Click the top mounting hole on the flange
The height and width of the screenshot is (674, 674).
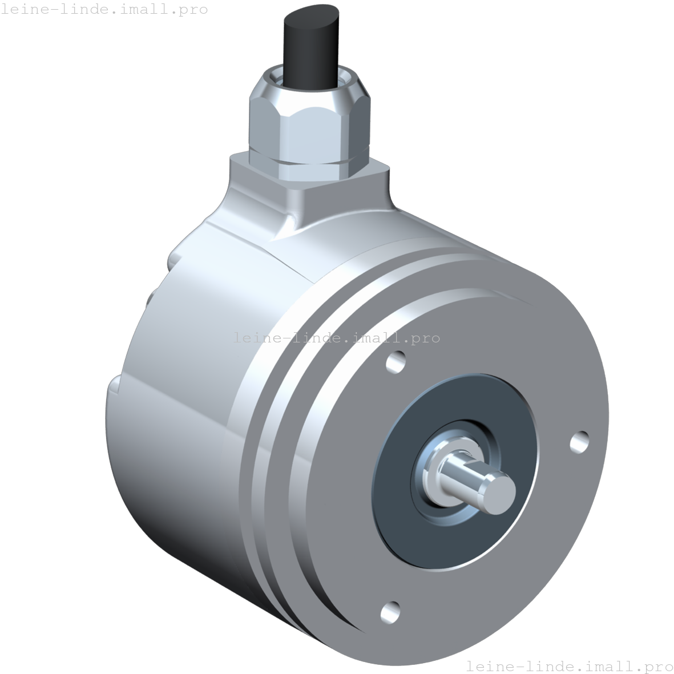[x=395, y=362]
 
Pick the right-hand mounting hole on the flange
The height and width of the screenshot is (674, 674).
[x=579, y=441]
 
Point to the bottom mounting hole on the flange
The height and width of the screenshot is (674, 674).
[x=391, y=612]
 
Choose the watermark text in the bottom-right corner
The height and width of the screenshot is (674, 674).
[x=569, y=665]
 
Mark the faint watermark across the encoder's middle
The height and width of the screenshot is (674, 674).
[x=337, y=338]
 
